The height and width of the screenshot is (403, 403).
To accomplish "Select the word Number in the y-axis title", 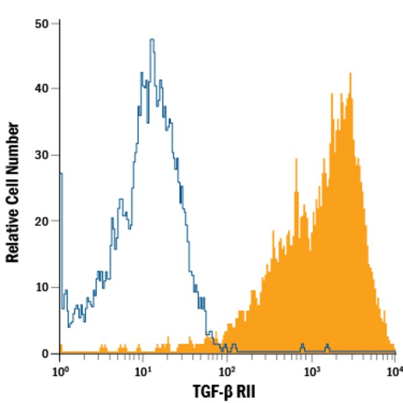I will coord(12,149).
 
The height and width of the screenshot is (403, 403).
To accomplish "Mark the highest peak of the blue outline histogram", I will coord(151,40).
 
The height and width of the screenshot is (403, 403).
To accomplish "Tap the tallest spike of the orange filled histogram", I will coord(350,73).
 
